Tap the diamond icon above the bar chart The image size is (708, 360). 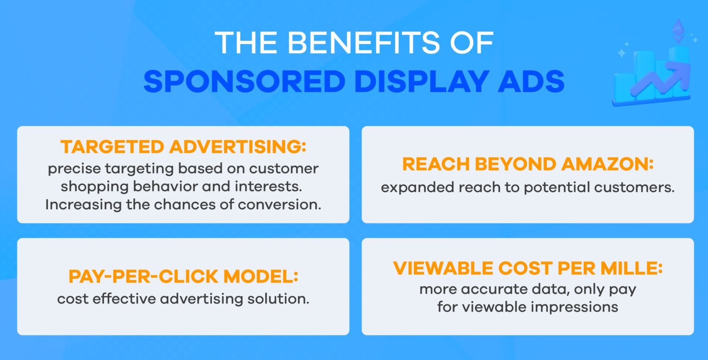[x=678, y=30]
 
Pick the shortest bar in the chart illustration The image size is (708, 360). [x=624, y=87]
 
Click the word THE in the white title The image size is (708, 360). [x=243, y=43]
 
